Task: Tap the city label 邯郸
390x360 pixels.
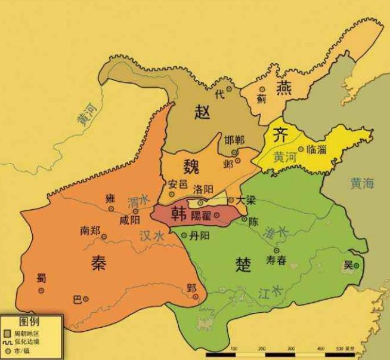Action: (x=234, y=140)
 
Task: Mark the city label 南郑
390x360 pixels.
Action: (x=89, y=230)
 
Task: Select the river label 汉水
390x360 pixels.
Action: (x=151, y=236)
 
